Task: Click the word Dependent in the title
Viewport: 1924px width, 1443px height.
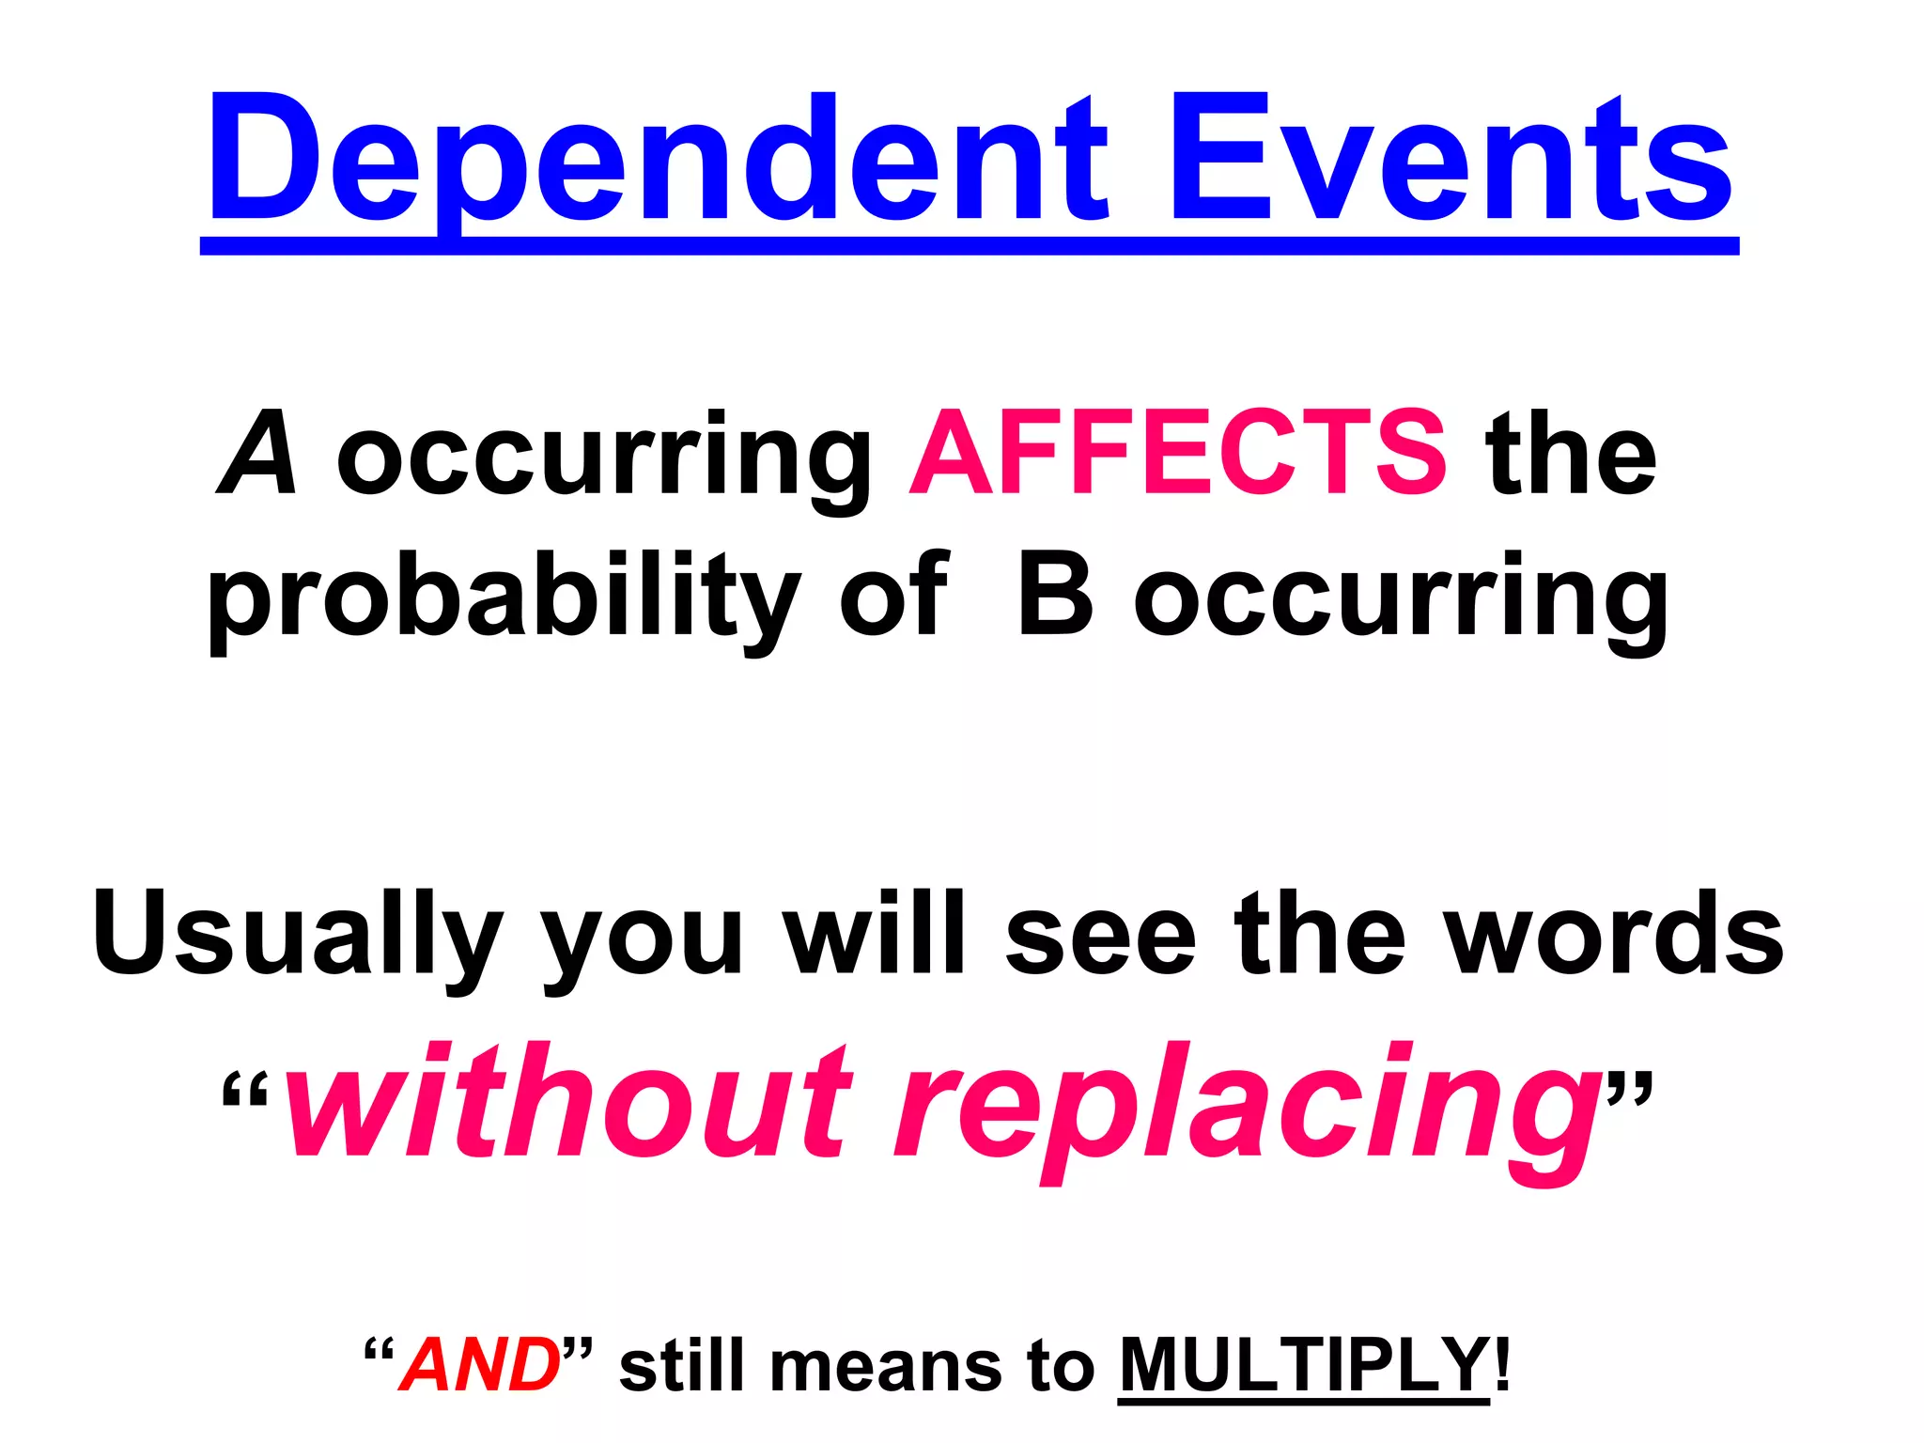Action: pyautogui.click(x=659, y=160)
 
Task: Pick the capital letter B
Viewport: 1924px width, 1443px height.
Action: pyautogui.click(x=1056, y=596)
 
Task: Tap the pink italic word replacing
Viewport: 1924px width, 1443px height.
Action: pyautogui.click(x=1249, y=1109)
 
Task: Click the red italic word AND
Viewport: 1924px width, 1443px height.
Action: pyautogui.click(x=480, y=1364)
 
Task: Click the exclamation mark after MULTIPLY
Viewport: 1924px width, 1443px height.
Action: pyautogui.click(x=1502, y=1364)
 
